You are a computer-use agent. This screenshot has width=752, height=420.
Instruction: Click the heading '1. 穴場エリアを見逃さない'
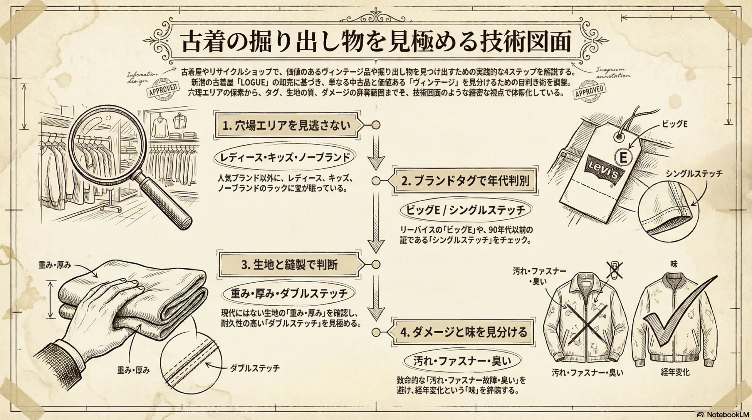[286, 126]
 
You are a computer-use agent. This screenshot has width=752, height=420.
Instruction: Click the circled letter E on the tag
[623, 158]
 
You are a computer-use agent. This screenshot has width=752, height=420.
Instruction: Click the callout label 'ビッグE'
[674, 124]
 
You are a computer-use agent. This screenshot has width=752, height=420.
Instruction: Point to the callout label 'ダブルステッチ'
[255, 368]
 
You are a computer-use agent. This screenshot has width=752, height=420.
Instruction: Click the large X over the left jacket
[586, 329]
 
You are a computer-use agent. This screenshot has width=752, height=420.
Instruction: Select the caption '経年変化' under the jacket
[675, 372]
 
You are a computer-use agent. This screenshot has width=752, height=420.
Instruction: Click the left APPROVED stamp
[163, 89]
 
